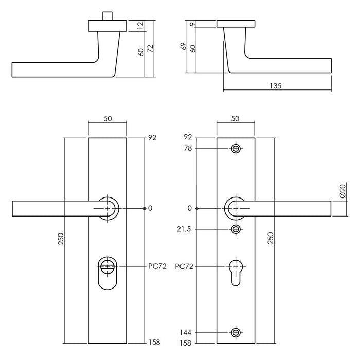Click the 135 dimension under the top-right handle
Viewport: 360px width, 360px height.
[275, 86]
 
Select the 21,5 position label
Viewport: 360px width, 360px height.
[184, 229]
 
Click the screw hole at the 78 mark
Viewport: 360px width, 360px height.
[236, 149]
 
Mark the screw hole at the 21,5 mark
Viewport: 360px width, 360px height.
[236, 229]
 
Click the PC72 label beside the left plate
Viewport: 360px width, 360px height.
[156, 267]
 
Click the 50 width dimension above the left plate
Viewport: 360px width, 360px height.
[108, 119]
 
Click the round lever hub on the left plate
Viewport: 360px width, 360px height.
[108, 208]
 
